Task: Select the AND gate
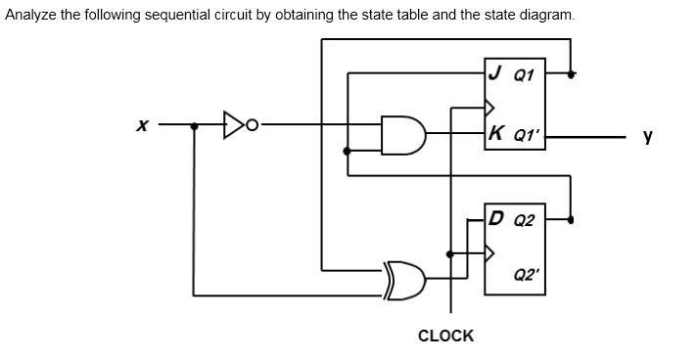[x=402, y=135]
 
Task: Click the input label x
[x=143, y=125]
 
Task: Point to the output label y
[x=647, y=136]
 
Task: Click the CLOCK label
[x=445, y=336]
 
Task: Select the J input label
[x=495, y=72]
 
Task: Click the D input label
[x=497, y=218]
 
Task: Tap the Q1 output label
[x=524, y=74]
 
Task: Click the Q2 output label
[x=524, y=220]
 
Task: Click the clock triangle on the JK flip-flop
[x=490, y=106]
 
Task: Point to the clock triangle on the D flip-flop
[x=490, y=253]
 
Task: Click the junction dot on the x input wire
[x=194, y=125]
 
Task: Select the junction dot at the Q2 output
[x=570, y=219]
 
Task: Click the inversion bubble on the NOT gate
[x=254, y=125]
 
